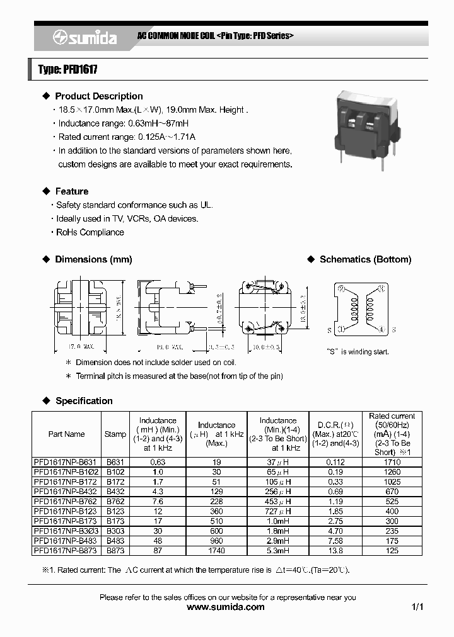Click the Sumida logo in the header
click(84, 38)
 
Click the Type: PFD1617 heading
click(67, 70)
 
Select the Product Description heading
click(98, 96)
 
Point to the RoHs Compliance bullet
click(90, 232)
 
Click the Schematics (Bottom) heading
click(365, 259)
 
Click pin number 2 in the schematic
click(342, 289)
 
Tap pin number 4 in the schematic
click(382, 329)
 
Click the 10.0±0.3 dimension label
click(265, 347)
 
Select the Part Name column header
click(66, 434)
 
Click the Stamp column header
click(115, 434)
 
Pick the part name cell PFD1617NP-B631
click(66, 462)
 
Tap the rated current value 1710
click(392, 462)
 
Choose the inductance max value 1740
click(216, 551)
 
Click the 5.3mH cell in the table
click(278, 551)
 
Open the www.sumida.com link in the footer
click(226, 607)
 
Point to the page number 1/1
click(417, 607)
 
